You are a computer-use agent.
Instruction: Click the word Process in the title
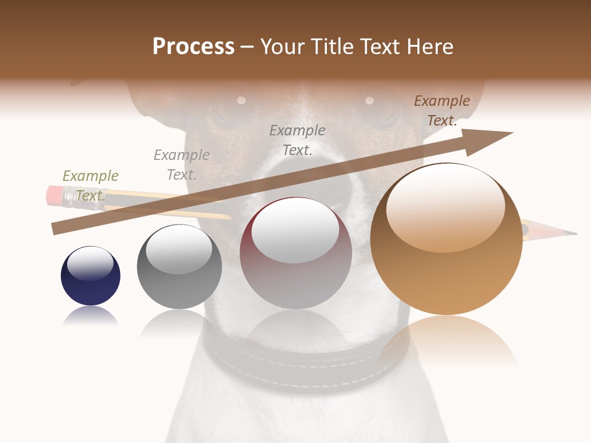193,47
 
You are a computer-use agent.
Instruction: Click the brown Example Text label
441,111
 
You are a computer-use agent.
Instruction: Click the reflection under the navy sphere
90,316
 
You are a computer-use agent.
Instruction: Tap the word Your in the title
281,47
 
